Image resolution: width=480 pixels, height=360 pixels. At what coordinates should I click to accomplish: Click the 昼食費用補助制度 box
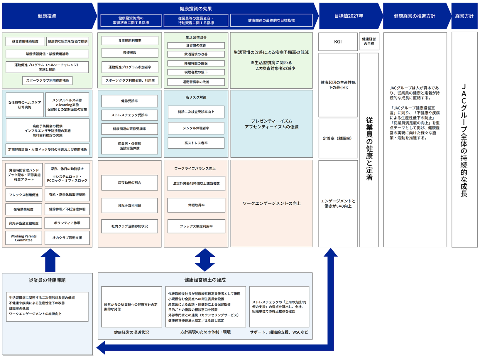tap(25, 41)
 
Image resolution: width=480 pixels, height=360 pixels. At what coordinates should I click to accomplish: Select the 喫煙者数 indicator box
tap(130, 53)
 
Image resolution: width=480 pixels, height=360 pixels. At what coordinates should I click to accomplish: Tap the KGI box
tap(338, 42)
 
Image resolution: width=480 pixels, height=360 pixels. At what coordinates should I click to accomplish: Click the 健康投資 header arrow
tap(47, 16)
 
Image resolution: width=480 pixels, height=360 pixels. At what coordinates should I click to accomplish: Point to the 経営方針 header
tap(464, 16)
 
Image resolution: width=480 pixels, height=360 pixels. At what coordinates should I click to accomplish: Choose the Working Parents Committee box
tap(24, 238)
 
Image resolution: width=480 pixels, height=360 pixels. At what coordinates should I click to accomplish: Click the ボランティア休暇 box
tap(67, 223)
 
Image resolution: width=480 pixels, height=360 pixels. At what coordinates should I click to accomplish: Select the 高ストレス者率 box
tap(196, 143)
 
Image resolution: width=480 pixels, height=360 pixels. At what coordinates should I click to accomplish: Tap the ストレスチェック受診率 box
tap(129, 115)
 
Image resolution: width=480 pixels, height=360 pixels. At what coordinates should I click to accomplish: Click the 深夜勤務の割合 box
tap(129, 183)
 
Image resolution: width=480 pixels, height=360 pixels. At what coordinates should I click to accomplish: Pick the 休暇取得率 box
tap(196, 205)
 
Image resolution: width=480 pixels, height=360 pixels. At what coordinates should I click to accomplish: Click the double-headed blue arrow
tap(205, 260)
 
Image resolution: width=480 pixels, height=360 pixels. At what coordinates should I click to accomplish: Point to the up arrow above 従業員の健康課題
tap(50, 260)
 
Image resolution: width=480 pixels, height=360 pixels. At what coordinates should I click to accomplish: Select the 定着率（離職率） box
tap(338, 138)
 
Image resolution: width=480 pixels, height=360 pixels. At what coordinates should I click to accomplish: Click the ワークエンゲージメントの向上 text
tap(271, 203)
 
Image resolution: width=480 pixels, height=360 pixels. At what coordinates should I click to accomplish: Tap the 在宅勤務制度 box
tap(24, 209)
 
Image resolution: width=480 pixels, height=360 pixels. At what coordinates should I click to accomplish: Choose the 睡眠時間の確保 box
tap(196, 63)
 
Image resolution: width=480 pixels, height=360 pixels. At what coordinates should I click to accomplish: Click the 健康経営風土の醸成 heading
tap(205, 280)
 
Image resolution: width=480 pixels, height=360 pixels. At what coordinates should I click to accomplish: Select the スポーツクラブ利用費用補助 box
tap(48, 80)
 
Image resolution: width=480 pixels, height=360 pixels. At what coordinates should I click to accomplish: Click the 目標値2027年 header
tap(349, 16)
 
